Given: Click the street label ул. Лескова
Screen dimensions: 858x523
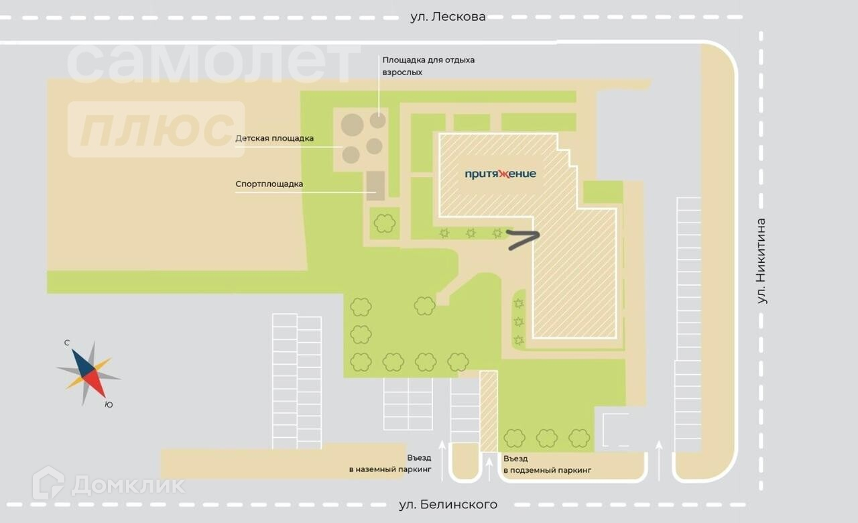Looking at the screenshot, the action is (x=448, y=17).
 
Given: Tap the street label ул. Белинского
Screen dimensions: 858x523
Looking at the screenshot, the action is (x=448, y=504).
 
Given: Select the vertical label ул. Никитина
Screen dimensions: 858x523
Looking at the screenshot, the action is (x=761, y=261).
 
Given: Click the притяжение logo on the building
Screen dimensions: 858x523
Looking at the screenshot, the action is (x=501, y=174).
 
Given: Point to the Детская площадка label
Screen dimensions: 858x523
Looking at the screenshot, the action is (x=274, y=139).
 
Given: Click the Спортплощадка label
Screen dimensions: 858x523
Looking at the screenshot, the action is (x=269, y=184).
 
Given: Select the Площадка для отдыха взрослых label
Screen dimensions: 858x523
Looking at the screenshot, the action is (x=428, y=66).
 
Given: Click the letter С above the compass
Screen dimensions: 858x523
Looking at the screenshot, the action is (x=67, y=343).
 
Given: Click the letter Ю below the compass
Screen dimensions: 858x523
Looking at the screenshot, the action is (x=109, y=404).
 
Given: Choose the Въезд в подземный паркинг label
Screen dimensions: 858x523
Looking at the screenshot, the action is (x=547, y=464).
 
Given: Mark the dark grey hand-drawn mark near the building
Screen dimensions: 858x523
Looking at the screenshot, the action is (x=523, y=239).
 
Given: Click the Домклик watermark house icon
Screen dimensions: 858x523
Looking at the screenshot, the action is (x=48, y=483).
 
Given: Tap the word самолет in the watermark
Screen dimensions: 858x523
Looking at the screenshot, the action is (x=213, y=62).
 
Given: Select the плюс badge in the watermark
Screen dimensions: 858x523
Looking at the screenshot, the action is (x=156, y=129).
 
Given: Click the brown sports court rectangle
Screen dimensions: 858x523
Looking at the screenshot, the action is (x=375, y=186).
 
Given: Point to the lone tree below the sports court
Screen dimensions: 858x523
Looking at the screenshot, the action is (x=385, y=223).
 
